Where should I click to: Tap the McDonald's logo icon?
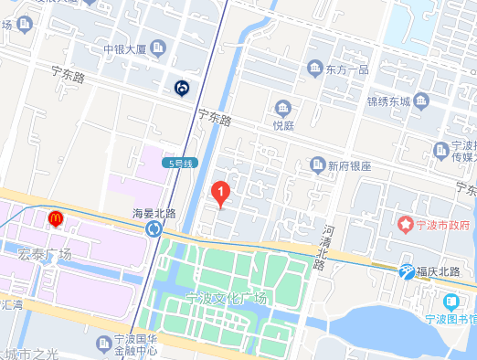pyautogui.click(x=55, y=218)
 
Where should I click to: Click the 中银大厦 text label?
pyautogui.click(x=123, y=48)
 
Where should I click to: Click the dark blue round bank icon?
pyautogui.click(x=182, y=88)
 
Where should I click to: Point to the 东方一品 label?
pyautogui.click(x=347, y=69)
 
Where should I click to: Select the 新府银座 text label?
pyautogui.click(x=349, y=166)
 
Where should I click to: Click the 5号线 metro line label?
pyautogui.click(x=182, y=163)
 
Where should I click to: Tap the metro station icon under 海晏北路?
pyautogui.click(x=153, y=228)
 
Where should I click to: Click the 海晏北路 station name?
pyautogui.click(x=153, y=213)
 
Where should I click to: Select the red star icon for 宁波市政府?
pyautogui.click(x=406, y=223)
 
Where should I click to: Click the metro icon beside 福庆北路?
pyautogui.click(x=407, y=270)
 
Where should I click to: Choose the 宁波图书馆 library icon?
pyautogui.click(x=450, y=302)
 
